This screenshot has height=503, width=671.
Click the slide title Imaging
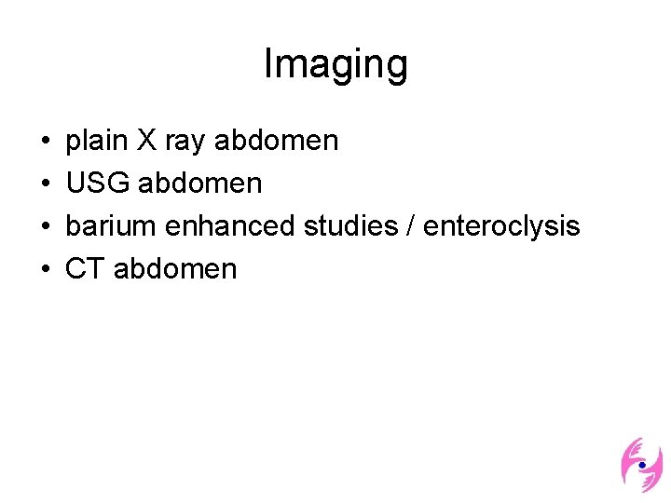tap(335, 64)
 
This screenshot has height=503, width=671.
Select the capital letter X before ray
tap(146, 141)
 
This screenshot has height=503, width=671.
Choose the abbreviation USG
tap(98, 184)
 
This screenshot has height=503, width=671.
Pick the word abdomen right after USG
tap(200, 184)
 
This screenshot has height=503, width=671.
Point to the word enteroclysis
tap(501, 226)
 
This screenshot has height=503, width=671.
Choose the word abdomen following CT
tap(175, 269)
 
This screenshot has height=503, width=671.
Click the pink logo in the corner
tap(641, 464)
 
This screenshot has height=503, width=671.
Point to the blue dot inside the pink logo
tap(642, 463)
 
